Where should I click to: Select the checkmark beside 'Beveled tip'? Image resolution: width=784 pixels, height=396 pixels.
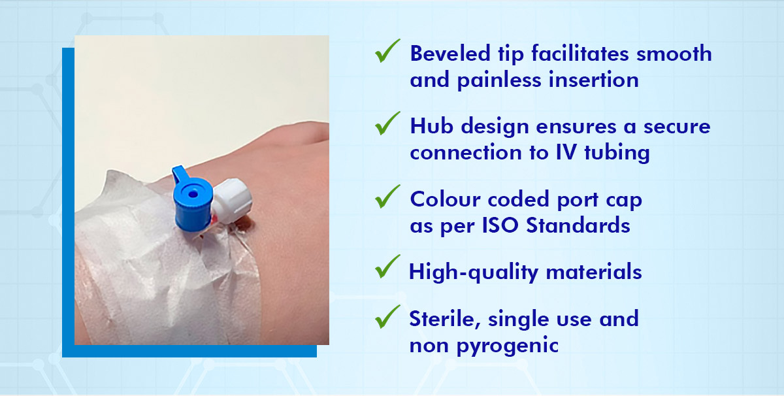pos(387,52)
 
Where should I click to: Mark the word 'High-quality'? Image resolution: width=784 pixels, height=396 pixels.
pos(465,271)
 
